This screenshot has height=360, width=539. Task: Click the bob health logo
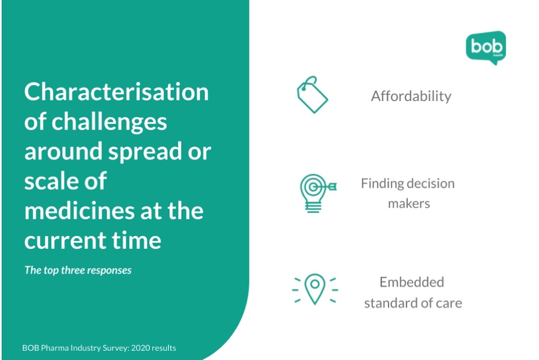[x=486, y=47]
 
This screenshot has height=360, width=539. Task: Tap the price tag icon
[x=312, y=94]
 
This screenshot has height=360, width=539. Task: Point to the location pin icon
[x=315, y=289]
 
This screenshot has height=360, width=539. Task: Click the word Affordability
[x=411, y=96]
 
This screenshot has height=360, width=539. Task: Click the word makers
[x=409, y=203]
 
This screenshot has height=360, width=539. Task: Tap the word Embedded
[x=412, y=282]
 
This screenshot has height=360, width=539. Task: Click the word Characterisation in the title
[x=117, y=92]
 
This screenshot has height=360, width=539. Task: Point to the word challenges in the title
[x=109, y=122]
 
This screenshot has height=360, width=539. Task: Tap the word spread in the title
[x=145, y=152]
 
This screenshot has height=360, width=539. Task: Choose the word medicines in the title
[x=79, y=211]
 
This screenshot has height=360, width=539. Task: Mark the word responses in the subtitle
[x=109, y=271]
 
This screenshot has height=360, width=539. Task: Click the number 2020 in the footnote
[x=140, y=348]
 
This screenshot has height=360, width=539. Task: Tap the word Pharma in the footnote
[x=54, y=348]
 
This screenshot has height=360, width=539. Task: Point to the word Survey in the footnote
[x=118, y=348]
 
